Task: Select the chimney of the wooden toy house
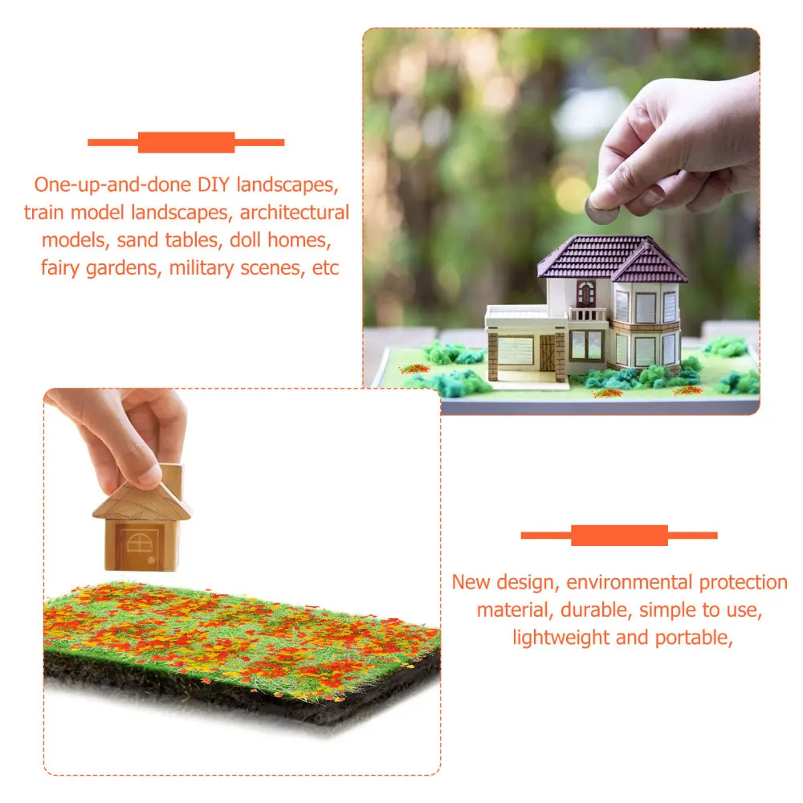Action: (170, 479)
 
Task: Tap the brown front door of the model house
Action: (548, 353)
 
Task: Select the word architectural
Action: (295, 213)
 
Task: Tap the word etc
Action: (325, 268)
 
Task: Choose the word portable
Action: (693, 638)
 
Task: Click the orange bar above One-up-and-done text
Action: (185, 143)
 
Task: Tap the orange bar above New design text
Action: (619, 535)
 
